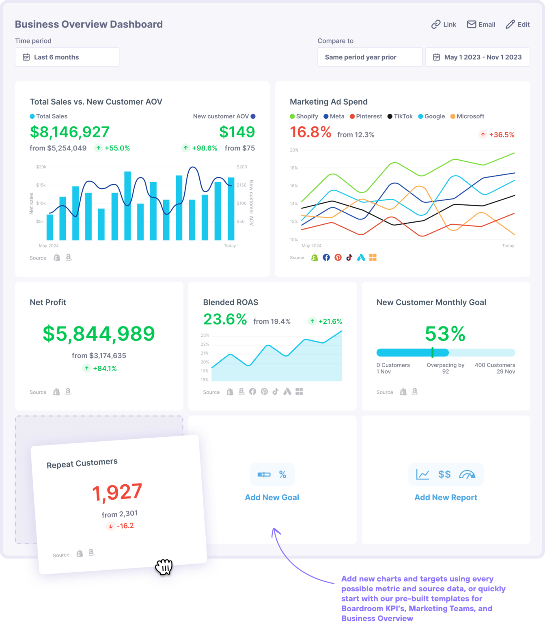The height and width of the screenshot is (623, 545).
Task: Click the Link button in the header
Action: point(444,24)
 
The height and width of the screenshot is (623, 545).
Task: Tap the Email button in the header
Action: point(481,24)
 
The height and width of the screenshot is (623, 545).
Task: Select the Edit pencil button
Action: point(517,24)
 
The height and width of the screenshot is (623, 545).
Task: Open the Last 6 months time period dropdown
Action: point(67,57)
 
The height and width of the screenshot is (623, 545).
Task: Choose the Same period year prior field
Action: point(370,57)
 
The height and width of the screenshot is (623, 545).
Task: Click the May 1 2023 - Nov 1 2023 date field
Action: point(477,57)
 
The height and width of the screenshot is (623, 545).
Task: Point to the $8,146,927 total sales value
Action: point(69,132)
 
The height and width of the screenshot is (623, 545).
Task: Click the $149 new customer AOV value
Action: point(237,132)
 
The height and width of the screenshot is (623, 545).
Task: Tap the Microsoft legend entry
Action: point(467,116)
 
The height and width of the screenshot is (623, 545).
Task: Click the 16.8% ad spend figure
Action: point(310,132)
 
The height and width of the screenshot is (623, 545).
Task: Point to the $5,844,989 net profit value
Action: point(99,333)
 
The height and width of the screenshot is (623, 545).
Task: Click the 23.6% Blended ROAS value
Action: point(225,320)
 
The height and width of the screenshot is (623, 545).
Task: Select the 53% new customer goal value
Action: point(445,334)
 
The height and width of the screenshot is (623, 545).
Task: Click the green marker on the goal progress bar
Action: point(433,352)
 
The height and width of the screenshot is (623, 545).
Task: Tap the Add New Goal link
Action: point(272,497)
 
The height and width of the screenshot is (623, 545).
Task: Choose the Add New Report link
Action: point(446,497)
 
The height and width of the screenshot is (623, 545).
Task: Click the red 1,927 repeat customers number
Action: point(117,492)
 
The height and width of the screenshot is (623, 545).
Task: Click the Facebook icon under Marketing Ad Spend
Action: point(326,258)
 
